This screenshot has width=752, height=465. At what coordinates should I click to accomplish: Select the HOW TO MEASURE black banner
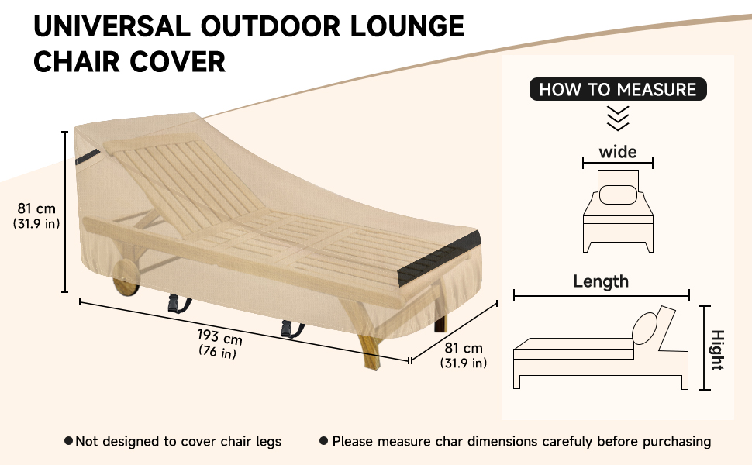click(618, 89)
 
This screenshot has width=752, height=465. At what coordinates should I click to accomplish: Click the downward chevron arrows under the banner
click(618, 119)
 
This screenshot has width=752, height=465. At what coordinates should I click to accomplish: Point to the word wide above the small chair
click(618, 152)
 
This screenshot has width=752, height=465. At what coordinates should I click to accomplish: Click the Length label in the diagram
click(601, 281)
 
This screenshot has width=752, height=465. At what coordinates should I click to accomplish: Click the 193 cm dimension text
click(219, 336)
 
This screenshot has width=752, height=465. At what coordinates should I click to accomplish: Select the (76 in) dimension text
click(217, 352)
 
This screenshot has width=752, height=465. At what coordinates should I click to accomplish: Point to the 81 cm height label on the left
click(36, 208)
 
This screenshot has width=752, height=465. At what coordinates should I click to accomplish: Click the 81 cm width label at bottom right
click(464, 348)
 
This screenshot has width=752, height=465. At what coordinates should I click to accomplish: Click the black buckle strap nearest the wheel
click(178, 304)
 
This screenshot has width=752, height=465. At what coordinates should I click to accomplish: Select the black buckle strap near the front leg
click(291, 329)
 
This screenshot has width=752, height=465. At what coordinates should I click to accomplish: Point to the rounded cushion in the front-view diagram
click(618, 195)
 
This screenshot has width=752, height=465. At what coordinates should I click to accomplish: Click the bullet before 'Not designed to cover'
click(68, 440)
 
